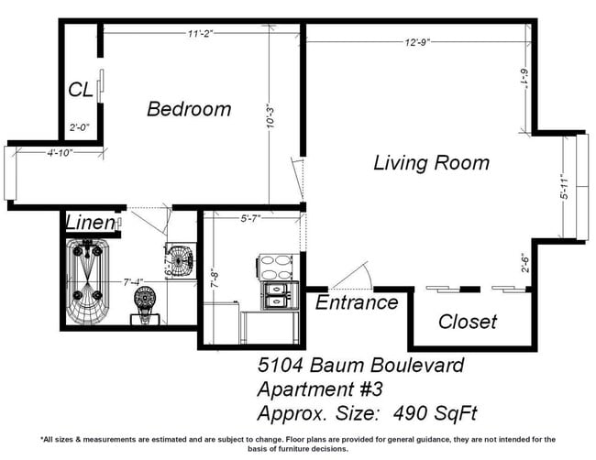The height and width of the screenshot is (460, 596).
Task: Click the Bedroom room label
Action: pos(189,109)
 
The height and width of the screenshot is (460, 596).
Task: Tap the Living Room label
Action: pos(431,163)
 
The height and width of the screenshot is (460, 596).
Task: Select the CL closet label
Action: pos(80,90)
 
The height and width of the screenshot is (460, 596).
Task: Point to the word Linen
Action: pos(90,223)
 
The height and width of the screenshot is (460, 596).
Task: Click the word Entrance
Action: pos(357,302)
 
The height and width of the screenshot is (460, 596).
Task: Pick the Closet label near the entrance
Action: pos(467,322)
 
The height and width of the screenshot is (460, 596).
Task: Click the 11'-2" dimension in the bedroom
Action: pos(193,34)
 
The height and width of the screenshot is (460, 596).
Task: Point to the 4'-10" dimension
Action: pos(61,152)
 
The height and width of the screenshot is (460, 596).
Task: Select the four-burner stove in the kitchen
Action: pos(275,267)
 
